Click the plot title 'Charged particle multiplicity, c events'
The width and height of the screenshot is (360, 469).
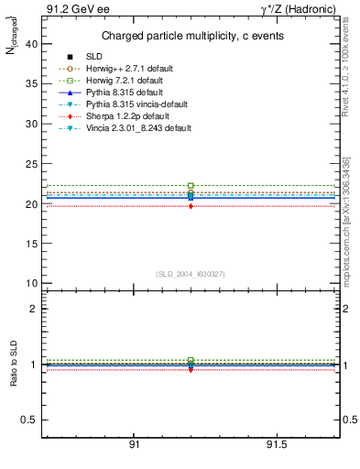pyautogui.click(x=191, y=37)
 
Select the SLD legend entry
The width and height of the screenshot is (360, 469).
pyautogui.click(x=95, y=58)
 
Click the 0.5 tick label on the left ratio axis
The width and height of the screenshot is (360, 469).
pyautogui.click(x=27, y=420)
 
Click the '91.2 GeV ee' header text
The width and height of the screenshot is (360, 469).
pyautogui.click(x=71, y=9)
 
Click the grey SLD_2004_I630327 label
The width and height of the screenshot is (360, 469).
pyautogui.click(x=191, y=274)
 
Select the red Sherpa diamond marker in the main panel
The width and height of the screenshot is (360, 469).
pyautogui.click(x=191, y=206)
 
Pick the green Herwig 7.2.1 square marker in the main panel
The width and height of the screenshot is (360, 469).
pyautogui.click(x=191, y=186)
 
